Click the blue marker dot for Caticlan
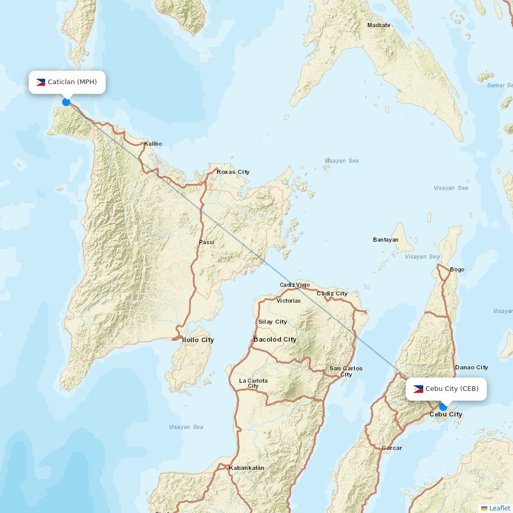pos(66,102)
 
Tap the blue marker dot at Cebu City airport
pos(443,407)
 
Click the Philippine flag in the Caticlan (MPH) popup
pos(41,82)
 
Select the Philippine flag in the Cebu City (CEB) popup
pos(418,389)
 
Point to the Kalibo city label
pos(153,144)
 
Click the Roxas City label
pos(233,172)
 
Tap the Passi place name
pos(207,242)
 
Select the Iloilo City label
pos(198,340)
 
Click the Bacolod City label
pos(275,340)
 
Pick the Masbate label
pos(379,25)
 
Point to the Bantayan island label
pos(386,240)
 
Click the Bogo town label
pos(457,269)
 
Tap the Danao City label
pos(471,367)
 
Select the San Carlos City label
pos(346,371)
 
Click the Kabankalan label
pos(247,468)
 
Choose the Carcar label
pos(392,448)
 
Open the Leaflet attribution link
pos(500,508)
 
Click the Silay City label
pos(272,322)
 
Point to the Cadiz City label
pos(332,293)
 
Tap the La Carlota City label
pos(253,383)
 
